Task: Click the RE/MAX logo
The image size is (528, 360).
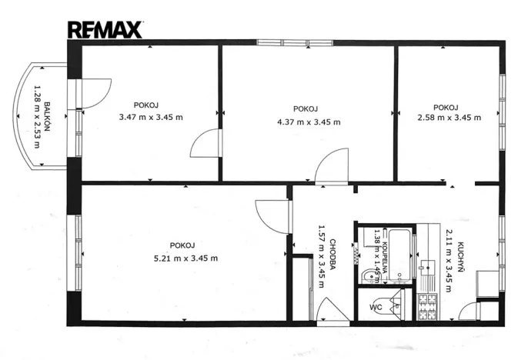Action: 105,30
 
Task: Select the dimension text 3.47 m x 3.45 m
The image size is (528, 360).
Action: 151,118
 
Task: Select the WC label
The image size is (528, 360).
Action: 376,308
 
